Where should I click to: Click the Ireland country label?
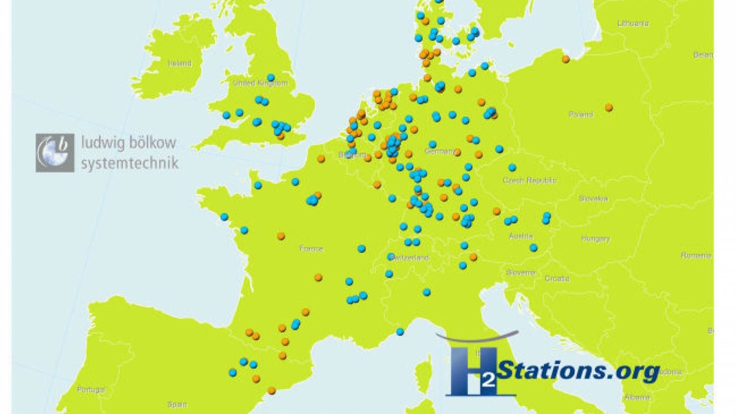pos(180,63)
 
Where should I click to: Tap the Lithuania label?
pos(633,24)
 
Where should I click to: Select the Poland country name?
pos(581,114)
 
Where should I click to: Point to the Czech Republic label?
pos(529,180)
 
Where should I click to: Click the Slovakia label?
pos(593,199)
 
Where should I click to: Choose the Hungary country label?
pos(595,239)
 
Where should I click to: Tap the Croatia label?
pos(557,278)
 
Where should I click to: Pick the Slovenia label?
pos(520,273)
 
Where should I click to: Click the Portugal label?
pos(91,390)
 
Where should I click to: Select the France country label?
pos(311,249)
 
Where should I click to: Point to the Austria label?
pos(521,236)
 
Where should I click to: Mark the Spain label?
pos(177,405)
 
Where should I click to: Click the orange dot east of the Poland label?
pos(609,108)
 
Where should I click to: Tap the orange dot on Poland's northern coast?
pos(566,59)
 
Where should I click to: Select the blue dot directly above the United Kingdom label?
pos(271,78)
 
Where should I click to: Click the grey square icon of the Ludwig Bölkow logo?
pos(55,153)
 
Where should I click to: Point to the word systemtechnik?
pos(130,163)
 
